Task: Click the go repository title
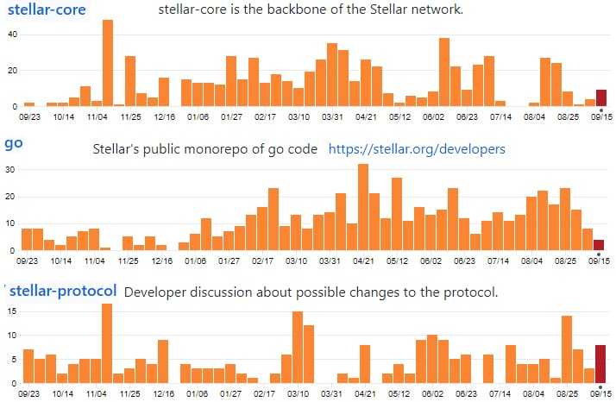tap(13, 143)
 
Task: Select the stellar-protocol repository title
tap(63, 291)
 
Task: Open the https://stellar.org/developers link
tap(417, 149)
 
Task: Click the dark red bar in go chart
tap(599, 245)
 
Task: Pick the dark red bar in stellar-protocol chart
tap(600, 363)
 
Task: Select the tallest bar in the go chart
tap(363, 207)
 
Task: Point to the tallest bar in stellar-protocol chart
tap(107, 342)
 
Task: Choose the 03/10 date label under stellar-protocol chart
tap(298, 393)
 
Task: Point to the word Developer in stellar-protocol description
tap(157, 292)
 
